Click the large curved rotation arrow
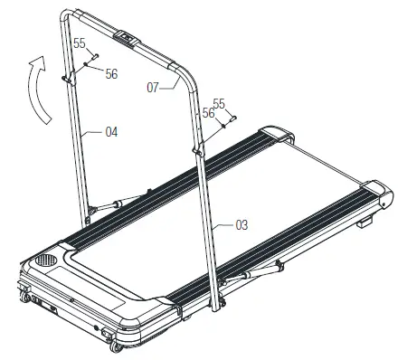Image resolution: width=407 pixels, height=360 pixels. click(35, 90)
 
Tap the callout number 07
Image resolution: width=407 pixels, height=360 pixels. click(153, 88)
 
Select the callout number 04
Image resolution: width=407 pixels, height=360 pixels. click(111, 132)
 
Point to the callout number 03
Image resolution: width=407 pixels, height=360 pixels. click(241, 225)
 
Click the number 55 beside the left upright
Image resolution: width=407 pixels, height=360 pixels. click(80, 43)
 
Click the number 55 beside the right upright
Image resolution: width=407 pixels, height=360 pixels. click(219, 103)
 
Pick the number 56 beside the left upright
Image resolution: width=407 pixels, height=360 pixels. click(111, 74)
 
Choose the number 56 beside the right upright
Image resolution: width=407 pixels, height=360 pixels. click(208, 113)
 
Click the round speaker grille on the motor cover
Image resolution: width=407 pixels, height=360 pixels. click(46, 260)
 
